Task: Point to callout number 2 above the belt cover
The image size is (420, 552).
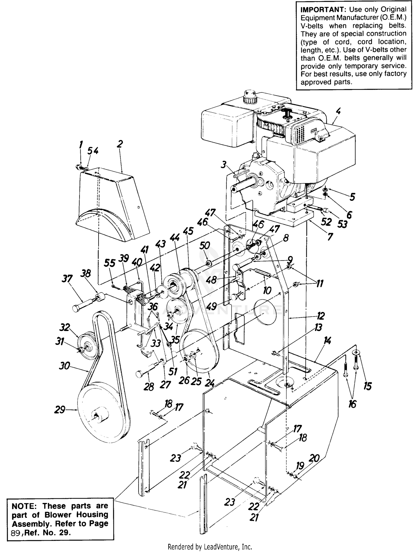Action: point(120,144)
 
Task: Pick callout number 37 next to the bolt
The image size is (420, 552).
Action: point(67,279)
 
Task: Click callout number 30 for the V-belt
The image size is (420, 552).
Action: point(64,366)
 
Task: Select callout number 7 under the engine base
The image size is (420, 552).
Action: point(330,237)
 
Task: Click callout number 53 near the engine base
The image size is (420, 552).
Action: point(342,224)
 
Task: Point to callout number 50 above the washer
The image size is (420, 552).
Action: point(204,246)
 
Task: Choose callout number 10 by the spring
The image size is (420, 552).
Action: point(267,290)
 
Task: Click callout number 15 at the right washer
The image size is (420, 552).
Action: point(367,386)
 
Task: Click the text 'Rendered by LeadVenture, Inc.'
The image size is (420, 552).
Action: point(210,546)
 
